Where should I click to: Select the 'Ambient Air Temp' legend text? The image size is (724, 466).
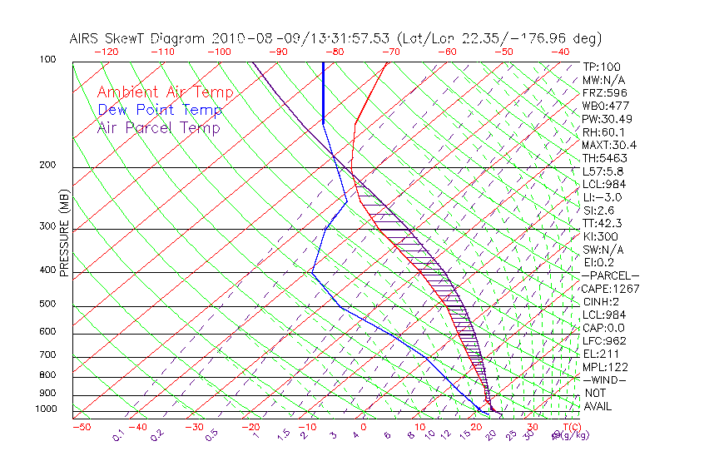[165, 92]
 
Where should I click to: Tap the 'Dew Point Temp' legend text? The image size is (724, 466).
[160, 110]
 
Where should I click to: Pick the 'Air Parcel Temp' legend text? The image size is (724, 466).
[159, 127]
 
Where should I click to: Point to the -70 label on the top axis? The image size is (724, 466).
[389, 52]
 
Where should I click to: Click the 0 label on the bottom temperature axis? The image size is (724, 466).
[364, 427]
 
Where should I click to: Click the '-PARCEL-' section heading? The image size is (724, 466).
[610, 275]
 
